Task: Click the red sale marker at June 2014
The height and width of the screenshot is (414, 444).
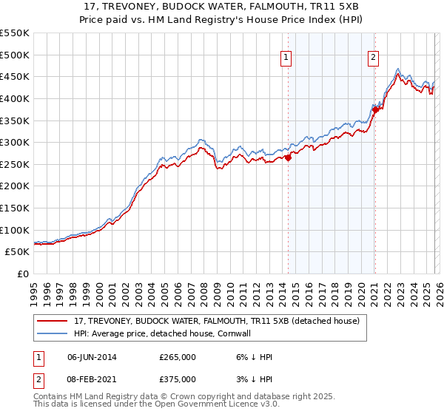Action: pos(288,157)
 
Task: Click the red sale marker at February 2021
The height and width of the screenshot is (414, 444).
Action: pos(375,109)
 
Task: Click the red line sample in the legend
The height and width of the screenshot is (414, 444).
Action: pos(53,321)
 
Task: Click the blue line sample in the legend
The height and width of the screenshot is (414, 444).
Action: pos(53,333)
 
